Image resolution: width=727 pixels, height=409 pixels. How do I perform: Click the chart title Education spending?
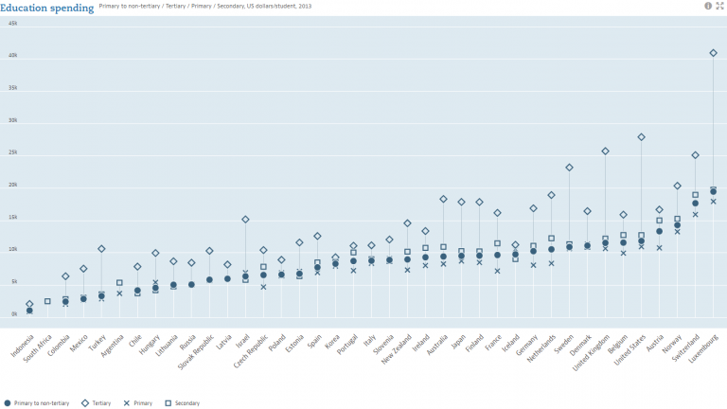pos(47,8)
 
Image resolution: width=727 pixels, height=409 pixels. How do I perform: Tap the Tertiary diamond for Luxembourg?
pos(713,53)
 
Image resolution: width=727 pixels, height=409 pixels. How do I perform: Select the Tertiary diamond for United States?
pos(641,137)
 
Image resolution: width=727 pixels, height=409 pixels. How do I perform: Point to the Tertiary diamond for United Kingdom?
pos(605,151)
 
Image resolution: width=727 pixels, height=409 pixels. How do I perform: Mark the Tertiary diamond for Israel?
pos(245,220)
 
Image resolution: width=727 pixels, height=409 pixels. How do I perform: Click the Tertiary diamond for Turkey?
pos(101,249)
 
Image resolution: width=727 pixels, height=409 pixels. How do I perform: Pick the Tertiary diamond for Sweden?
pos(569,168)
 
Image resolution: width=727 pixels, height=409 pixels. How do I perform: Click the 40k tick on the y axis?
pos(13,56)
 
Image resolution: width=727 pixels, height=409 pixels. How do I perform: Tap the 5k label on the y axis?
pos(13,282)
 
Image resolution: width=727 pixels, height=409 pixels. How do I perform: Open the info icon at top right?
pos(707,6)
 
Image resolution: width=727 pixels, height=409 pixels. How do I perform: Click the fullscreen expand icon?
pos(719,6)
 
